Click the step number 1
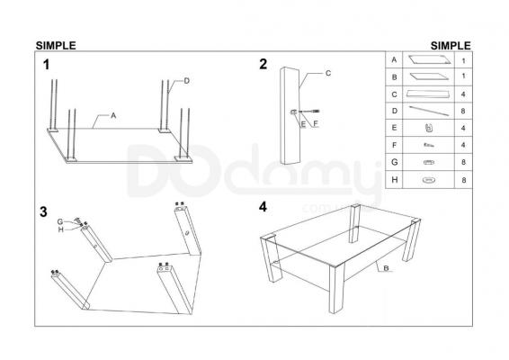coord(47,65)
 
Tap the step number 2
coord(263,64)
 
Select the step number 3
coord(43,211)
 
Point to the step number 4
coord(263,207)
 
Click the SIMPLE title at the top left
coord(56,46)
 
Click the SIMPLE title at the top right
coord(451,46)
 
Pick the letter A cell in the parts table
coord(394,59)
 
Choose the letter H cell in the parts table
coord(394,180)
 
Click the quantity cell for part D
coord(463,111)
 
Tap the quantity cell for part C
coord(463,94)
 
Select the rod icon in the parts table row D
coord(429,111)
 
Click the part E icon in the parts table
coord(429,128)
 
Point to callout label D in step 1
coord(187,81)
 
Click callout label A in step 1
coord(113,115)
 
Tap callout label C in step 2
coord(328,74)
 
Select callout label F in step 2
coord(316,124)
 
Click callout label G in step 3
coord(60,222)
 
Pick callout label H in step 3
coord(61,229)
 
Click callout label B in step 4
coord(387,268)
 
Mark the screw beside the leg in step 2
coord(309,112)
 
